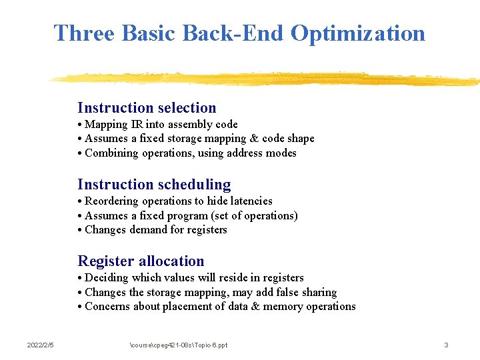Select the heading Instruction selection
147,108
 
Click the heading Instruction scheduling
154,185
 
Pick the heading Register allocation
141,261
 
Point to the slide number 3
446,345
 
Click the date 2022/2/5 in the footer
41,345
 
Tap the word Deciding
107,278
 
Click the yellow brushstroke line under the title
267,78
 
